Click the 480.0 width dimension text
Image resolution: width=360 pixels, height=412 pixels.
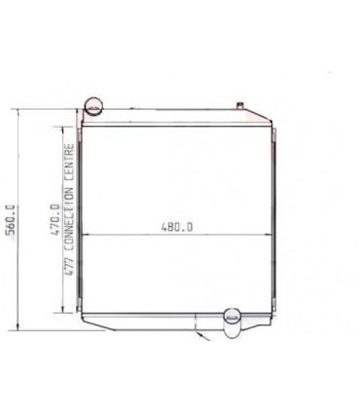tap(177, 227)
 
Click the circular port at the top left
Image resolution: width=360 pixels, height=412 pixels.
tap(94, 104)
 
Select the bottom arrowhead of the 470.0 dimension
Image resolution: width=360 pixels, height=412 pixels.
tap(63, 311)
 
